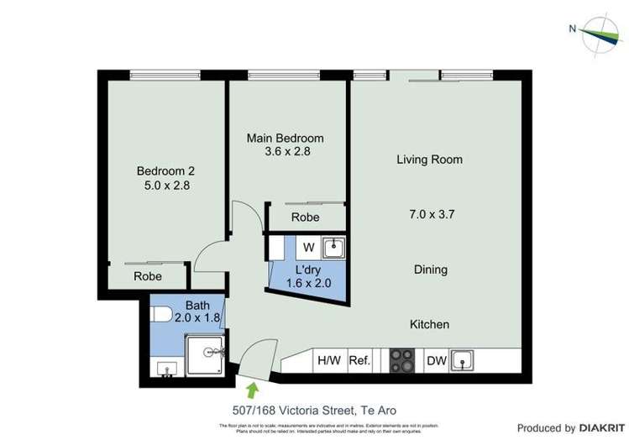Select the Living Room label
tap(429, 159)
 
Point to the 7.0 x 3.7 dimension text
tap(430, 214)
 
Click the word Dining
tap(430, 270)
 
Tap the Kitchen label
tap(429, 324)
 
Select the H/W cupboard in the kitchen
tap(328, 361)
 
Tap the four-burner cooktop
tap(402, 361)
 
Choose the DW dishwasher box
tap(436, 361)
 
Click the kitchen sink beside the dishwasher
tap(463, 361)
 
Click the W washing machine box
tap(308, 247)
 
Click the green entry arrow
tap(252, 389)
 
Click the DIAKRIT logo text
tap(594, 427)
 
